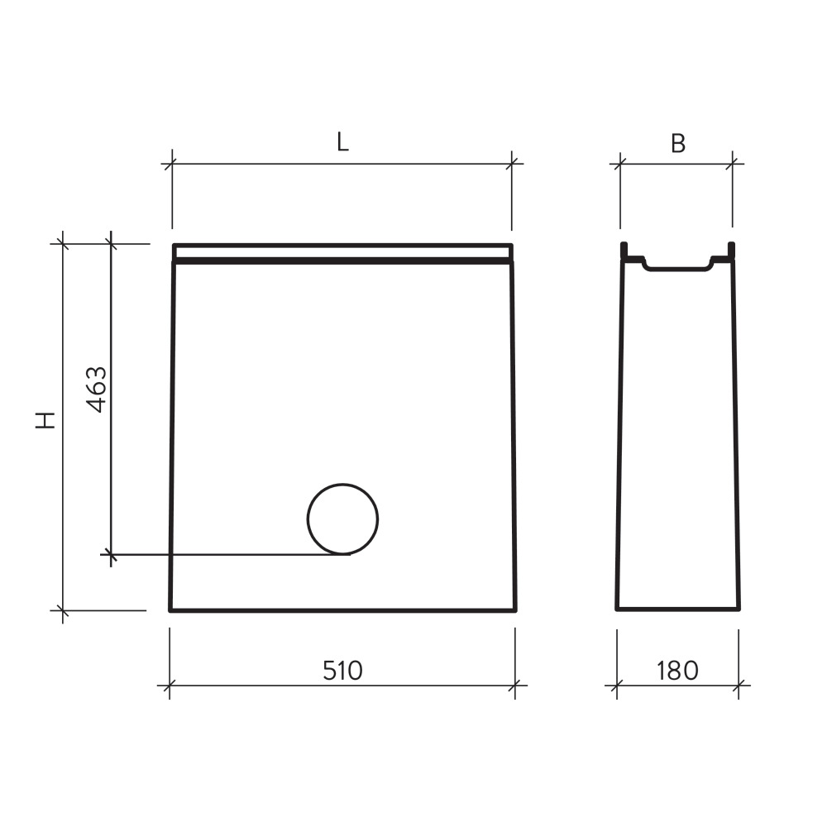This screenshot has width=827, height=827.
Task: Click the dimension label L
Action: pyautogui.click(x=342, y=142)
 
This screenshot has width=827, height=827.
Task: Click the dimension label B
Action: pyautogui.click(x=677, y=143)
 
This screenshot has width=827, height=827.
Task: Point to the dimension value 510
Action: pyautogui.click(x=342, y=670)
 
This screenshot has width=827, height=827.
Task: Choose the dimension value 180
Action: pyautogui.click(x=678, y=670)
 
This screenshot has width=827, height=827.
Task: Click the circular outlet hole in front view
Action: pyautogui.click(x=342, y=519)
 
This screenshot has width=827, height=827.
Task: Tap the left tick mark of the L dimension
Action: pyautogui.click(x=172, y=164)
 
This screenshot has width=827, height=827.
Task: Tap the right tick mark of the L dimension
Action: pyautogui.click(x=512, y=164)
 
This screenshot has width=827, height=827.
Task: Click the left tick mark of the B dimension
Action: pyautogui.click(x=620, y=164)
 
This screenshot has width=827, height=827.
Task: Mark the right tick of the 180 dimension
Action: pyautogui.click(x=739, y=685)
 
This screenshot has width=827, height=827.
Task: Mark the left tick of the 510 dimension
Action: pyautogui.click(x=170, y=685)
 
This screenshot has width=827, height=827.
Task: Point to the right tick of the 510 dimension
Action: pyautogui.click(x=515, y=685)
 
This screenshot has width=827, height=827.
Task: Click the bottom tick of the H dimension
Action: pyautogui.click(x=62, y=610)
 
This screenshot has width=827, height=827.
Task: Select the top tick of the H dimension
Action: pyautogui.click(x=62, y=243)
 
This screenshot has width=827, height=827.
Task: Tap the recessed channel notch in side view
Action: pyautogui.click(x=677, y=265)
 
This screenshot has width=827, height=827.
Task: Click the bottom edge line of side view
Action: pyautogui.click(x=677, y=609)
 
